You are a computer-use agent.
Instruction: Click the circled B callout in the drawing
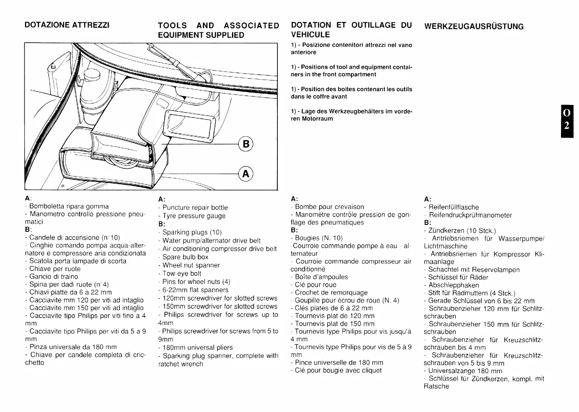click(246, 144)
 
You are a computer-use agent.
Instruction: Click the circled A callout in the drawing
click(246, 174)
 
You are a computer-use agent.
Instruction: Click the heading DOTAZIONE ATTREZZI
click(67, 25)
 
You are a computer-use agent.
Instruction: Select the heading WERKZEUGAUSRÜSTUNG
click(474, 26)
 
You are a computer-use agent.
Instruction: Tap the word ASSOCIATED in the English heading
click(251, 25)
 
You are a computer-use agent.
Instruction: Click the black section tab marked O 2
click(567, 121)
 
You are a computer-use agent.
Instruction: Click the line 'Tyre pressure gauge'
click(194, 216)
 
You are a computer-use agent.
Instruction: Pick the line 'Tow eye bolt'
click(182, 274)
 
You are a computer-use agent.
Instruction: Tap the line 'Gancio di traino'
click(54, 277)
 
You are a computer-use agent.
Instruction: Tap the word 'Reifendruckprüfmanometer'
click(470, 215)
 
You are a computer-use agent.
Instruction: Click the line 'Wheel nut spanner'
click(191, 265)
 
